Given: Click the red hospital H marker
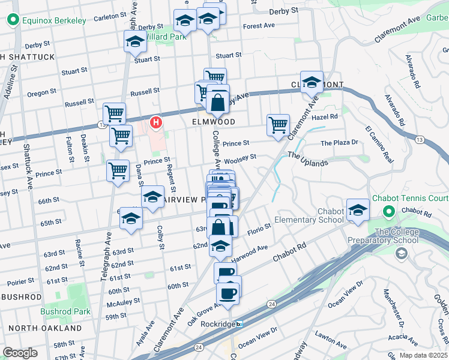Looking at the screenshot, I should tap(157, 122).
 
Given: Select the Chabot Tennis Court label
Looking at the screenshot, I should tap(411, 199).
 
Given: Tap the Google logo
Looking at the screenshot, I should tap(20, 353).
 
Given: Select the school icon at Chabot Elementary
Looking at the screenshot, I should tap(358, 211).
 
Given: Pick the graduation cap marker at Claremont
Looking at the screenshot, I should tap(312, 82).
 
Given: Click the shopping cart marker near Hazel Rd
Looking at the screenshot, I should tap(278, 126).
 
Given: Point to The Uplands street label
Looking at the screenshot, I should tap(308, 159).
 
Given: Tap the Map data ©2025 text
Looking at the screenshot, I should tap(423, 355).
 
